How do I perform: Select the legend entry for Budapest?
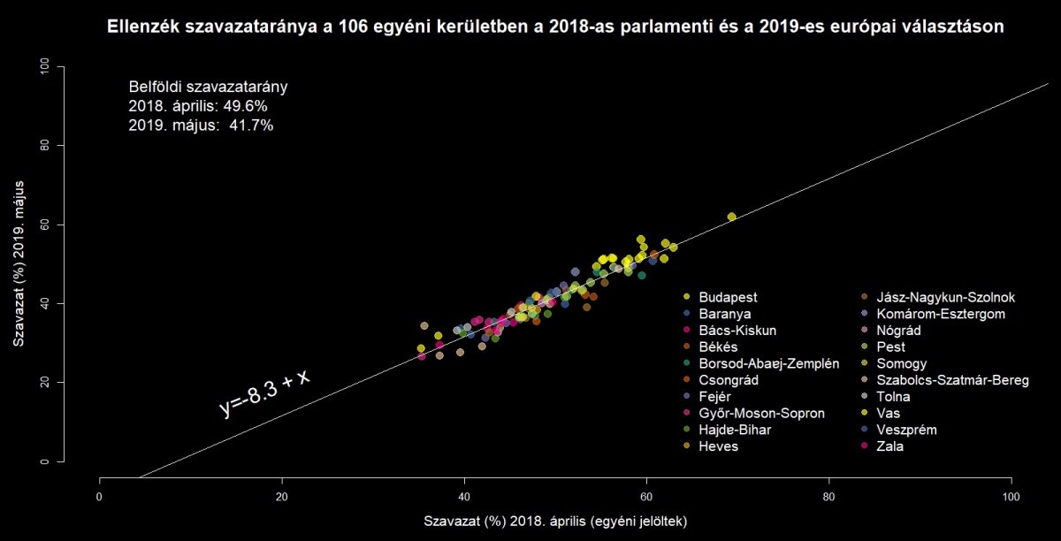coord(728,297)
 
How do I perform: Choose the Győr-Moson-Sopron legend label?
coord(761,414)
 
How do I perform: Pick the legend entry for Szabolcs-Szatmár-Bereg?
coord(951,380)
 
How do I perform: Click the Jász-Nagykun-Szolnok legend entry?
coord(945,297)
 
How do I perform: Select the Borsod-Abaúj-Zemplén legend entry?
coord(768,363)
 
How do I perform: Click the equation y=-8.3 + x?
coord(265,392)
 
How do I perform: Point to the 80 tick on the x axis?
coord(829,496)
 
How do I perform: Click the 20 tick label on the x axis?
coord(282,496)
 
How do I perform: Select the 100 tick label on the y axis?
coord(45,67)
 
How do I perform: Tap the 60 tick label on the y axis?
coord(45,225)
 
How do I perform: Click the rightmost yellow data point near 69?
coord(731,217)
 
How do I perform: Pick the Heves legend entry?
coord(718,446)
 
